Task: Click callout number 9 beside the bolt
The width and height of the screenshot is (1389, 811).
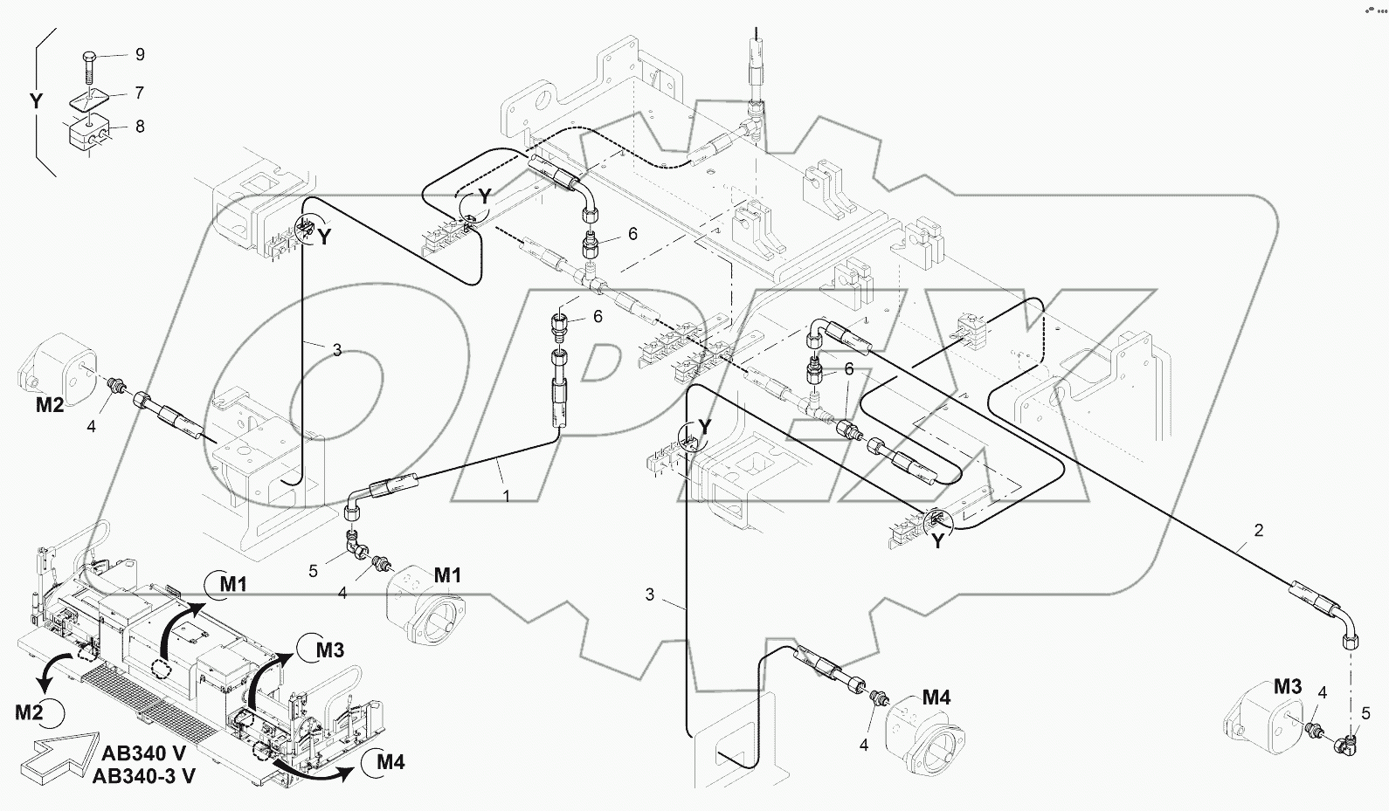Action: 139,55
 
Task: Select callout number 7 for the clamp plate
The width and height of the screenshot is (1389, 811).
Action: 139,93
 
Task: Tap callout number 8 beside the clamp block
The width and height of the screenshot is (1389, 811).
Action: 139,127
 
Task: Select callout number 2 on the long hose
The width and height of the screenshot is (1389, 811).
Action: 1259,530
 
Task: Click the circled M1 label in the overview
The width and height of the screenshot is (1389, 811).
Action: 231,584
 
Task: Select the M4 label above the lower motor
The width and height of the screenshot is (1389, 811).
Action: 936,698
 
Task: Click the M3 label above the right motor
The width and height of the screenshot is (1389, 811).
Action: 1287,687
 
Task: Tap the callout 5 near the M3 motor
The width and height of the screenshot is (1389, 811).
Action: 1365,714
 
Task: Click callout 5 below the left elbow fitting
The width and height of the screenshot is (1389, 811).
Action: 314,571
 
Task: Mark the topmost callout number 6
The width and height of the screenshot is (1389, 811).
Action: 632,234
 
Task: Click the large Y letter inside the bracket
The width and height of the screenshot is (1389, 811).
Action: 36,102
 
